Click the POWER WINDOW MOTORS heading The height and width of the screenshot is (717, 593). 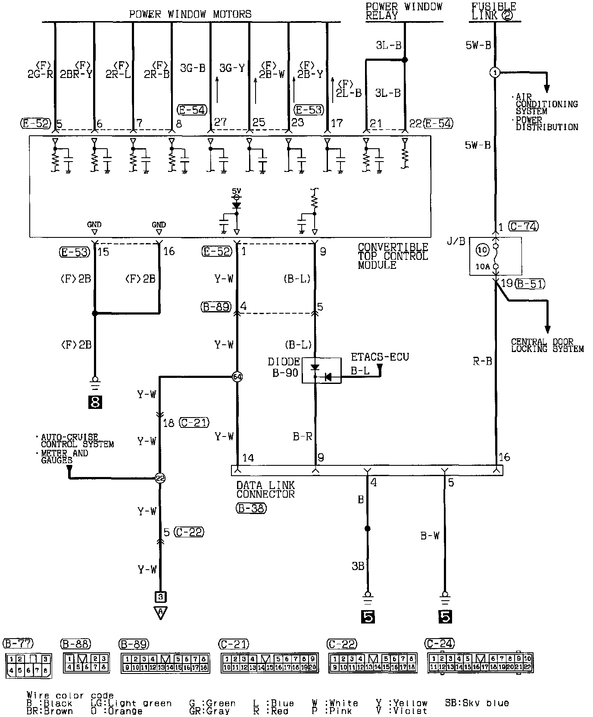pos(190,14)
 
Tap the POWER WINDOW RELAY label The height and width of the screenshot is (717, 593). pos(403,11)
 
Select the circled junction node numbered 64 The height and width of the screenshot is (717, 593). pos(237,377)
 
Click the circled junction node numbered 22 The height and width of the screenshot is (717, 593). pos(160,478)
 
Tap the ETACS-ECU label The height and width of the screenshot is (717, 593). pos(380,357)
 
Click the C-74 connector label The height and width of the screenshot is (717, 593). pos(523,226)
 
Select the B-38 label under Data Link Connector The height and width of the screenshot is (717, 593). pos(251,508)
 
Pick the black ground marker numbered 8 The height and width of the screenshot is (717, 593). pos(95,402)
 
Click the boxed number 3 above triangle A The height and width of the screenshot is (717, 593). pos(160,597)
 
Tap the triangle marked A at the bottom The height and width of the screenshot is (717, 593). pos(160,612)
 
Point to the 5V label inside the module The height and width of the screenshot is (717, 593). pos(237,190)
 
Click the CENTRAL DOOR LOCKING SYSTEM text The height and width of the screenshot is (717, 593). pos(547,346)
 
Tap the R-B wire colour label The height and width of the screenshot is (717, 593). pos(482,361)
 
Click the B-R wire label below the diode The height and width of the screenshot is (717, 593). pos(302,436)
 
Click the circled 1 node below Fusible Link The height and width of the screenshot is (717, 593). pos(495,72)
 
